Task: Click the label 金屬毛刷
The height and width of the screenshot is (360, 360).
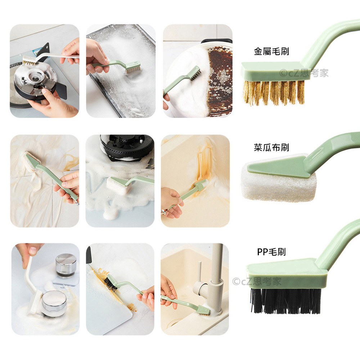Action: coord(271,51)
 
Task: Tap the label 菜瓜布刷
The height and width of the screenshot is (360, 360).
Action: coord(271,147)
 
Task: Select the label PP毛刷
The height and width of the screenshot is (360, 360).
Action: coord(271,252)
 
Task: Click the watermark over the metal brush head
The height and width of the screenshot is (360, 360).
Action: coord(304,73)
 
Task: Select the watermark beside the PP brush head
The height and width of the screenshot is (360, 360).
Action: coord(257,281)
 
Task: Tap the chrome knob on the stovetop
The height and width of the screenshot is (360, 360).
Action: coord(66,265)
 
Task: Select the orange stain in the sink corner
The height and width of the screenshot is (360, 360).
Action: coord(203,166)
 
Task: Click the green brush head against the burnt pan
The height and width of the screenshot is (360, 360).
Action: coord(195,73)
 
